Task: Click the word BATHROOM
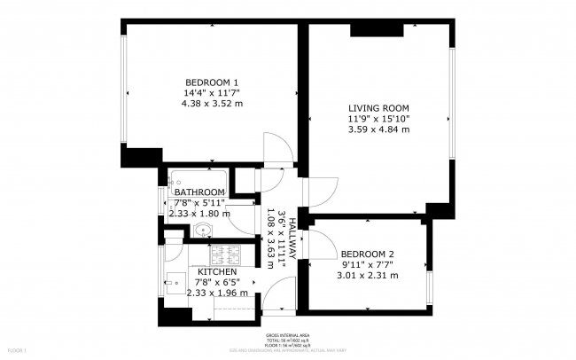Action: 198,192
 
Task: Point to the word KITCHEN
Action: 216,271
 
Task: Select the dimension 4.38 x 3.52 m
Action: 211,103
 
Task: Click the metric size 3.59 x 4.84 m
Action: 378,129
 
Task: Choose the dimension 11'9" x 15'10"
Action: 378,119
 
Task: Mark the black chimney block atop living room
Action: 376,29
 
